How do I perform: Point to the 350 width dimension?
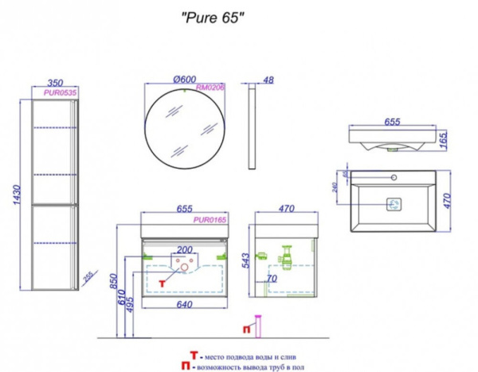55,82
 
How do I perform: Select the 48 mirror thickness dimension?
268,79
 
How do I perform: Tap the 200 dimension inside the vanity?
184,249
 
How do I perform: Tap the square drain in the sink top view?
394,205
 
